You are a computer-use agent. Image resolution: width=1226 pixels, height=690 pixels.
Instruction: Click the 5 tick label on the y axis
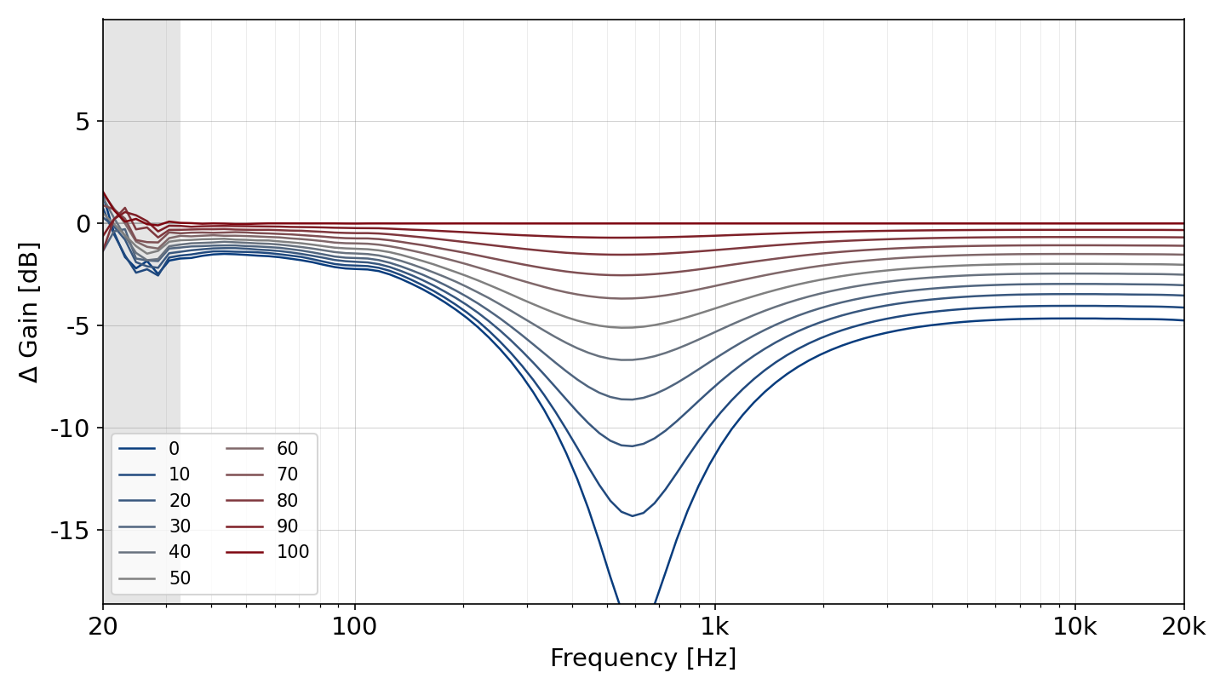coord(82,122)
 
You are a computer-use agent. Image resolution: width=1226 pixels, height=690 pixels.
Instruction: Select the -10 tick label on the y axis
coord(70,428)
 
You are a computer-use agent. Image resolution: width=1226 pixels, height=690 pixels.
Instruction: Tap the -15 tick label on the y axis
coord(70,530)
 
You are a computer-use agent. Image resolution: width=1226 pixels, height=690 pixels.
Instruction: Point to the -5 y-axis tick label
coord(77,325)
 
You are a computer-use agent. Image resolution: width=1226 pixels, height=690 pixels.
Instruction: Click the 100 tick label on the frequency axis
coord(355,626)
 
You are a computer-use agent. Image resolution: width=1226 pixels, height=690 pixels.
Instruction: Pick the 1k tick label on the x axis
coord(715,626)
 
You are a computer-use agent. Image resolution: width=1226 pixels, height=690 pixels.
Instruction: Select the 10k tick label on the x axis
coord(1075,626)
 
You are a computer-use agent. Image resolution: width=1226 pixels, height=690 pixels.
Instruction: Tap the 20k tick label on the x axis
coord(1183,626)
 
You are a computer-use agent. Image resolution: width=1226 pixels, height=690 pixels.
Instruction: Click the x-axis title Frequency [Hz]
coord(643,658)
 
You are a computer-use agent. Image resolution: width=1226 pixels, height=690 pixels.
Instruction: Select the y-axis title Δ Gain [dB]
coord(28,312)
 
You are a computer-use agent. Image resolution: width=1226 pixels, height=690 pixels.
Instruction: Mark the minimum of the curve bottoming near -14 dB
coord(632,516)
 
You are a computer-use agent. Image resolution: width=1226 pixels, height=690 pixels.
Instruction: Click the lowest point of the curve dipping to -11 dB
coord(632,446)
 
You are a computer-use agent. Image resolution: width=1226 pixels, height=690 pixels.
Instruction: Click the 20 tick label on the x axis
coord(103,626)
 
